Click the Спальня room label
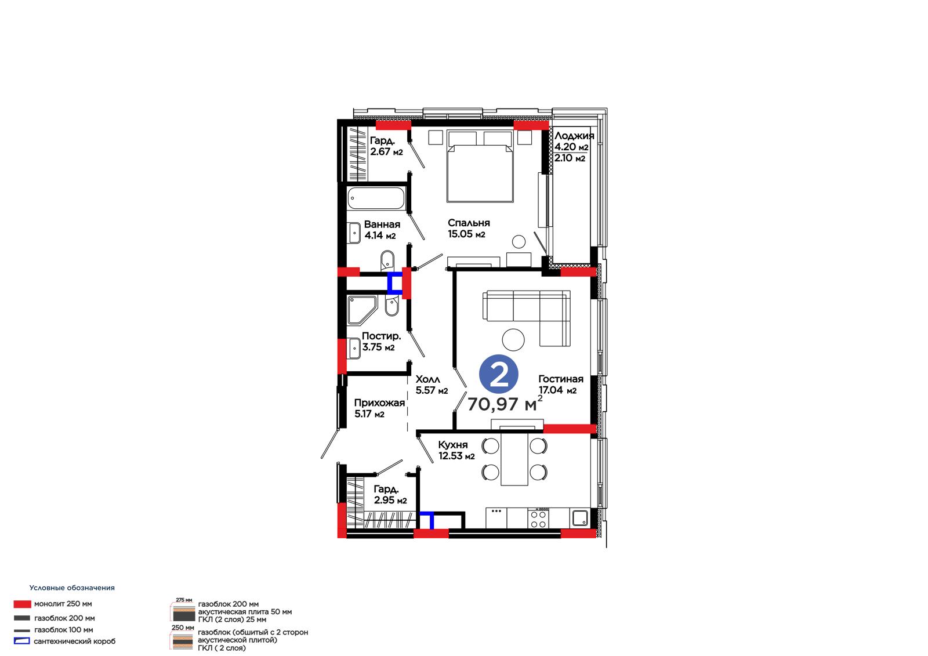point(469,223)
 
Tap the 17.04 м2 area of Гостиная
point(557,390)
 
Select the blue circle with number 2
point(498,374)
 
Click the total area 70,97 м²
point(505,404)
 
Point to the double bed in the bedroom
point(480,166)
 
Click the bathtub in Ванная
point(376,198)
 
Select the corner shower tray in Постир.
point(362,310)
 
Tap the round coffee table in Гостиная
point(513,339)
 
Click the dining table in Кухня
point(514,459)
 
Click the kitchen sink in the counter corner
point(579,518)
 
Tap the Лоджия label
point(574,136)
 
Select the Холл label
point(427,379)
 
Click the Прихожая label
point(379,403)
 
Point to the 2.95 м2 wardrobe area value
point(390,500)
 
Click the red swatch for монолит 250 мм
point(23,604)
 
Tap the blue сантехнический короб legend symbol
point(22,641)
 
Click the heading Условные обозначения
point(72,588)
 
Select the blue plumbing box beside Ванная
point(394,284)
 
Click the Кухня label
point(453,445)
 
